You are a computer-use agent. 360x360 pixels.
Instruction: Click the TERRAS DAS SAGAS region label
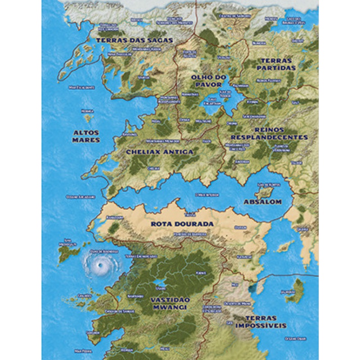coord(134,40)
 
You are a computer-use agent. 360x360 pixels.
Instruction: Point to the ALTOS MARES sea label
coord(86,136)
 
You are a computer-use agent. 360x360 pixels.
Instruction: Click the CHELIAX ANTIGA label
coord(160,152)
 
